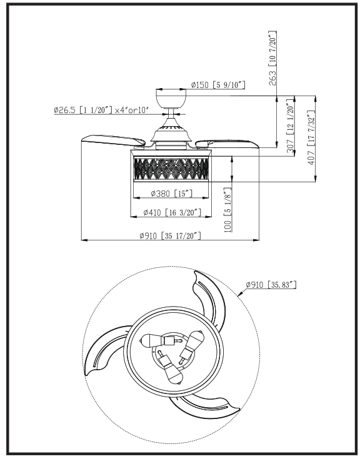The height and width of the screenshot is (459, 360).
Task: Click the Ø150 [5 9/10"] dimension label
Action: pyautogui.click(x=218, y=85)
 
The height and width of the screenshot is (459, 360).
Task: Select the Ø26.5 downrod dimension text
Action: pyautogui.click(x=102, y=110)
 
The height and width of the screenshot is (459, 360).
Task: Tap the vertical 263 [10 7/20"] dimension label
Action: pyautogui.click(x=272, y=58)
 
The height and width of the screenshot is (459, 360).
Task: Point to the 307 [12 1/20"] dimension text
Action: pyautogui.click(x=290, y=126)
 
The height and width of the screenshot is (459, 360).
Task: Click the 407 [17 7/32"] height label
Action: pyautogui.click(x=311, y=137)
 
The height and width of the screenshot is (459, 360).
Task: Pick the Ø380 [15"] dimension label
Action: pyautogui.click(x=171, y=193)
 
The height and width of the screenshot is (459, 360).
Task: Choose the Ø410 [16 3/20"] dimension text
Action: pyautogui.click(x=172, y=212)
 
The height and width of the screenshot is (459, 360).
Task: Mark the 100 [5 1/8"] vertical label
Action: pyautogui.click(x=227, y=210)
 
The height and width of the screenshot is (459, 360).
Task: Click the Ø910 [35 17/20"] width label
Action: pyautogui.click(x=170, y=235)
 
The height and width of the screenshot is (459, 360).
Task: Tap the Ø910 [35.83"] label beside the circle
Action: pyautogui.click(x=271, y=284)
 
